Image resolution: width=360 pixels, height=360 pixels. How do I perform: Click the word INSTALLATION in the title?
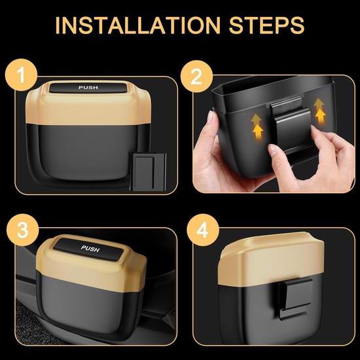[138, 26]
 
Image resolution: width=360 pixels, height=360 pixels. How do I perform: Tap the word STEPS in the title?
[266, 26]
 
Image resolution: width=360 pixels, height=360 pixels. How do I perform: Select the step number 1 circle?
[22, 75]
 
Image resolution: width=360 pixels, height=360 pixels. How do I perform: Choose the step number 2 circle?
[196, 77]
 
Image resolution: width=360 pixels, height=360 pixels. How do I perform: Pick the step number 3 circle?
[22, 230]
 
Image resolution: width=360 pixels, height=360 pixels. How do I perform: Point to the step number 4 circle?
[203, 230]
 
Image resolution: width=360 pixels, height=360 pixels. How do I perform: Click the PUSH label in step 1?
[88, 88]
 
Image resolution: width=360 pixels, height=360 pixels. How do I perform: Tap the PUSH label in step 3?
[90, 249]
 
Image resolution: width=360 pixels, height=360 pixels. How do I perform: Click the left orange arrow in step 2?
[257, 128]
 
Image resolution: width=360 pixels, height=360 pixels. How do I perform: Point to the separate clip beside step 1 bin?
[148, 171]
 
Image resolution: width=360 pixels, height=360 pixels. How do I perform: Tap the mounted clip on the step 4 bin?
[293, 298]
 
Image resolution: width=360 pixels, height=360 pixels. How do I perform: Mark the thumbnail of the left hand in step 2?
[211, 117]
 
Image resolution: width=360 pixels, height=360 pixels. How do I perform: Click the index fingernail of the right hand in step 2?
[272, 149]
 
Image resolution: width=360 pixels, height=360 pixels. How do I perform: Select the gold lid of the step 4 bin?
[271, 259]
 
